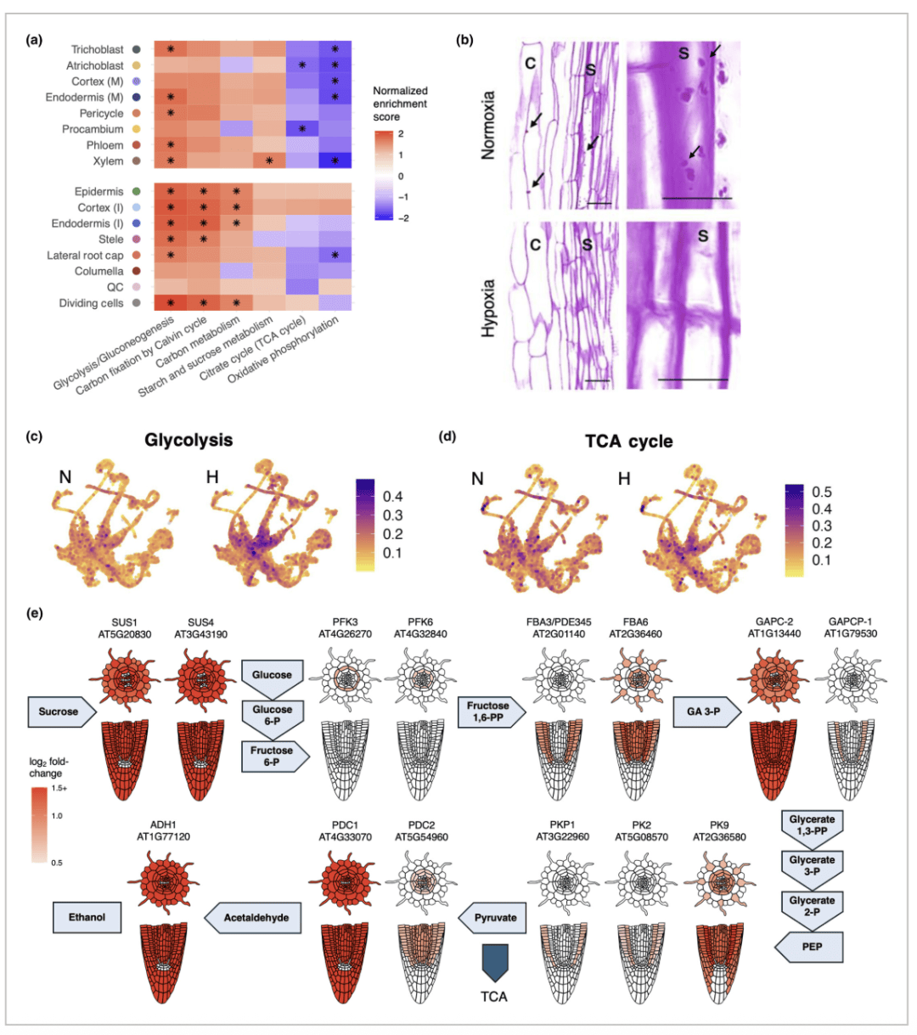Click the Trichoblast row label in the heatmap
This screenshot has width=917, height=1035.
tap(97, 50)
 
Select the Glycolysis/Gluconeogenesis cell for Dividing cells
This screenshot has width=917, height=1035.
tap(170, 303)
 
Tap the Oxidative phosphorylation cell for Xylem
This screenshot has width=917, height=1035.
tap(335, 161)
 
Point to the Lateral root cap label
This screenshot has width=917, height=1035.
tap(85, 256)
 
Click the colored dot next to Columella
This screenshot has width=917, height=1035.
tap(136, 272)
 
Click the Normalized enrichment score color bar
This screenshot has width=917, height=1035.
tap(383, 176)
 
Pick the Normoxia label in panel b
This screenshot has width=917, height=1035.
tap(488, 126)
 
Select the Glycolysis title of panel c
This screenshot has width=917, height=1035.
tap(188, 440)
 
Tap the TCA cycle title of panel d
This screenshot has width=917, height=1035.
tap(628, 442)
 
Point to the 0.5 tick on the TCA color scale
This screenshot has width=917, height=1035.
tap(821, 492)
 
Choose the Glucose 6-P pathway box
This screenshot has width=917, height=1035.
tap(272, 715)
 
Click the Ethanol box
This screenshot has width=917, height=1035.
tap(87, 917)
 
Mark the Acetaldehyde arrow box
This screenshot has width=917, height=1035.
tap(254, 918)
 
